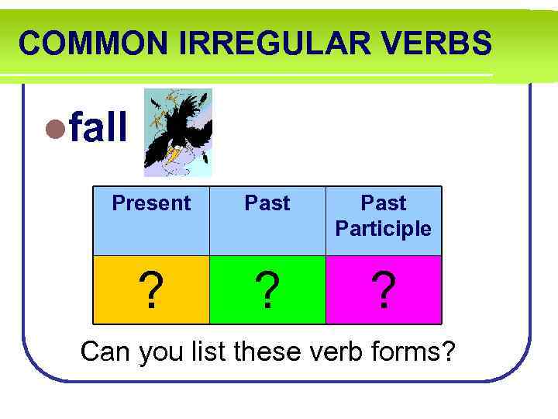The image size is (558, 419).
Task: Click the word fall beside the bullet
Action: click(98, 129)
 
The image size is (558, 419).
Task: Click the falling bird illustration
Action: click(177, 132)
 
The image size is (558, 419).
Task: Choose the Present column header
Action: click(151, 203)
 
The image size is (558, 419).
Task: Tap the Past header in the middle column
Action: click(267, 203)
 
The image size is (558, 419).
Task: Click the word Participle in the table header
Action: click(384, 229)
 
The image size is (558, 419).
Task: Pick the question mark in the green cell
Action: click(267, 291)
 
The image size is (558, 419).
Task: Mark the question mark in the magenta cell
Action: click(383, 291)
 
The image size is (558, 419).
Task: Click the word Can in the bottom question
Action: click(107, 351)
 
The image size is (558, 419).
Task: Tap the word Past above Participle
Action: click(384, 203)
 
